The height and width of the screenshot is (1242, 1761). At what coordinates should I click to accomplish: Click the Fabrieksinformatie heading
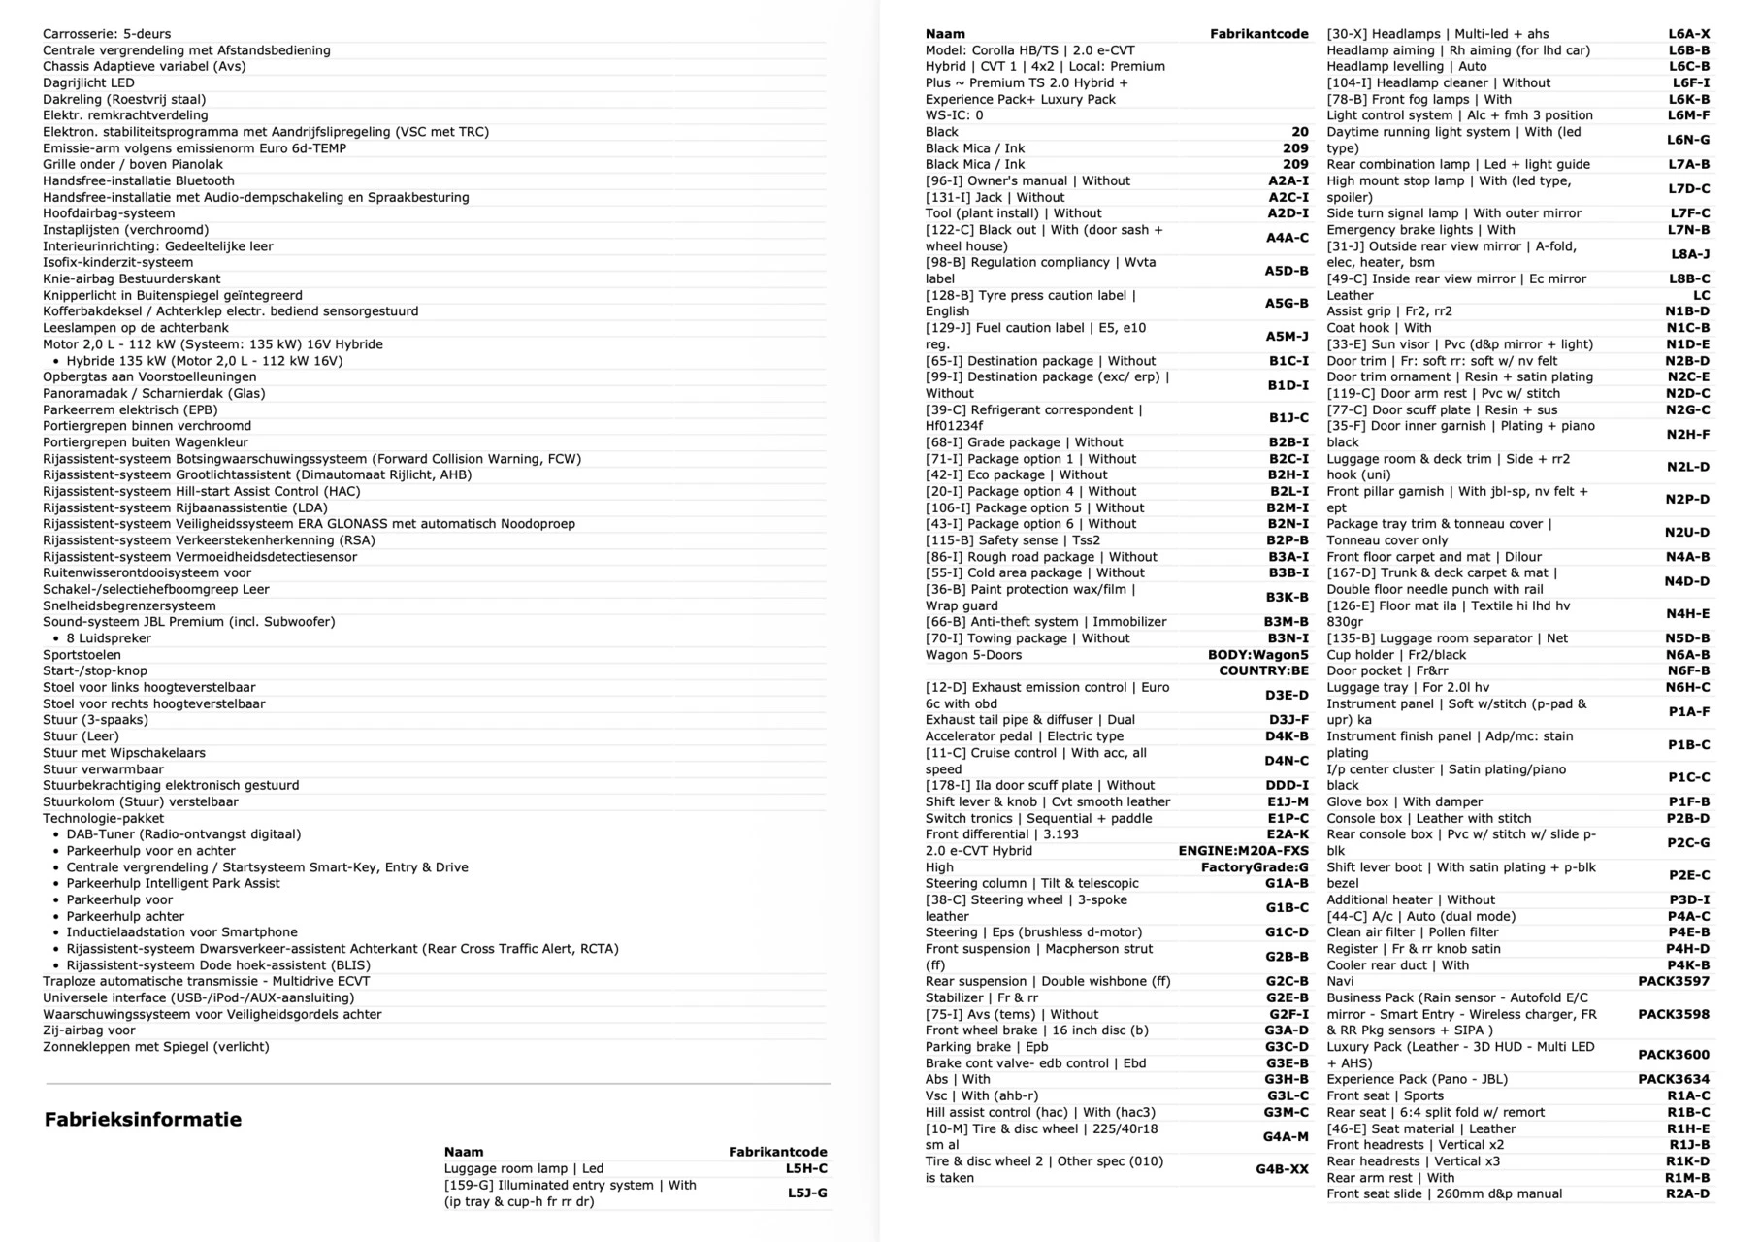coord(143,1119)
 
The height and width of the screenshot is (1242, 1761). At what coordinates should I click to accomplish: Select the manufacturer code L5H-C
coord(806,1168)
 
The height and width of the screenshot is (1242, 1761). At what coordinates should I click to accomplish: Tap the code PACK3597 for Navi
coord(1674,981)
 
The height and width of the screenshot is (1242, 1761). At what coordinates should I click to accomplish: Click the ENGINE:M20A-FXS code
coord(1243,851)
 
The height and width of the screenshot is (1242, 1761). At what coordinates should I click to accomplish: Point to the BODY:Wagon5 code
coord(1257,655)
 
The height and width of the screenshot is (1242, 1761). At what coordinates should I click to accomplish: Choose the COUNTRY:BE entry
coord(1263,670)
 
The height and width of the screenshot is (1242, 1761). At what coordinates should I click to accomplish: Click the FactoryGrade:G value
coord(1255,867)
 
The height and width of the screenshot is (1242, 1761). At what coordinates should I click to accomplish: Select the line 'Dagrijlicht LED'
coord(88,82)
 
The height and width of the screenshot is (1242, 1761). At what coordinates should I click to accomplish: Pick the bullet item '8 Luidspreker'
coord(109,638)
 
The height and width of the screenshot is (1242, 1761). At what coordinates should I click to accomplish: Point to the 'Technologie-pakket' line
coord(103,818)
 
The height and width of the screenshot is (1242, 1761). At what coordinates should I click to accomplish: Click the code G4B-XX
coord(1282,1169)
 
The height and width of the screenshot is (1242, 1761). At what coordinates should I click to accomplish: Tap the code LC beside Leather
coord(1701,295)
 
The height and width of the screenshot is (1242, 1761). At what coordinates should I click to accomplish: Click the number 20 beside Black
coord(1299,132)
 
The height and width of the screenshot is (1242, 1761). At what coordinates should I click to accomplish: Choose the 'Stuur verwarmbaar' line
coord(103,769)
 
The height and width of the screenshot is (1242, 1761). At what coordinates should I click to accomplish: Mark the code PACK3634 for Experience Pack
coord(1674,1079)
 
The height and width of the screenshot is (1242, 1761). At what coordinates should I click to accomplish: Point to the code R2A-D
coord(1687,1193)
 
